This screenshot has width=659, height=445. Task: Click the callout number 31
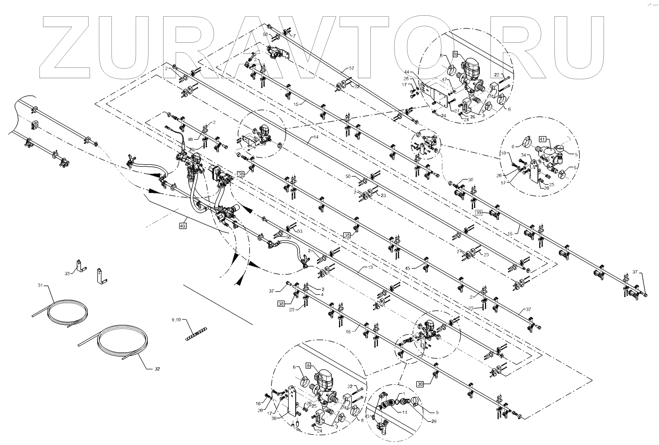click(x=40, y=285)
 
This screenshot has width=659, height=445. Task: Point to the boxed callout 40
click(x=183, y=226)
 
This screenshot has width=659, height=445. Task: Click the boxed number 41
click(x=542, y=139)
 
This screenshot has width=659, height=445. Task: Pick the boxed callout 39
click(x=479, y=213)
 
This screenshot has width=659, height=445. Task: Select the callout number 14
click(x=316, y=137)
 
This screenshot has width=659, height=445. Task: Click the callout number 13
click(x=370, y=267)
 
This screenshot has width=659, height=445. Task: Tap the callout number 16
click(x=348, y=331)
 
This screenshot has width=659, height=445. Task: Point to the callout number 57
click(x=352, y=68)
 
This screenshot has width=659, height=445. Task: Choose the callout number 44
click(x=407, y=72)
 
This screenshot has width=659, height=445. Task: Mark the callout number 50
click(x=348, y=176)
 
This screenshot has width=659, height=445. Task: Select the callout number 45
click(x=408, y=268)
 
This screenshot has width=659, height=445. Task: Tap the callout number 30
click(x=471, y=179)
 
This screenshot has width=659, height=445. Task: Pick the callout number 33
click(x=67, y=273)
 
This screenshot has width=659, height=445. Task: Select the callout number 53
click(x=300, y=231)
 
